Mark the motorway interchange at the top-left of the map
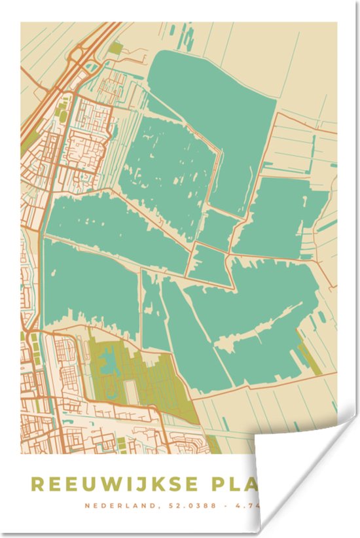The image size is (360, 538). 82,52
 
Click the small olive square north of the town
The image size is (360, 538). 116,48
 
